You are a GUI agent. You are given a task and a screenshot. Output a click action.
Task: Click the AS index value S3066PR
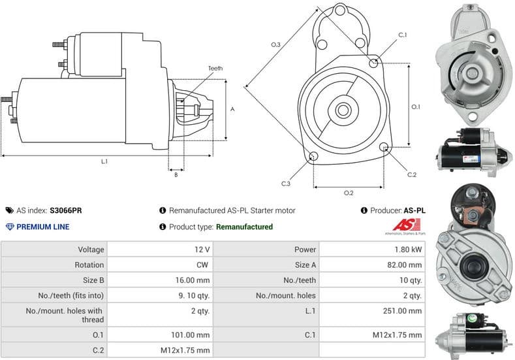[66, 210]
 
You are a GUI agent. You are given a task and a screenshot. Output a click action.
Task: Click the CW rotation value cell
[203, 265]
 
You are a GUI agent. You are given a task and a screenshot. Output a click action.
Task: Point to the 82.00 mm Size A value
[405, 265]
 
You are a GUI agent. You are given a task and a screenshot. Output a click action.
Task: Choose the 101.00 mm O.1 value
[193, 335]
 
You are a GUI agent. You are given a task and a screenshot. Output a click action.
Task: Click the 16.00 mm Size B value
[195, 280]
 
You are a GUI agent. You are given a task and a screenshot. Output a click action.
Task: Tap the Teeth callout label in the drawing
[215, 69]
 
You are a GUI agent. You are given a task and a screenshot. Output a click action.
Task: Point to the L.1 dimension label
[104, 161]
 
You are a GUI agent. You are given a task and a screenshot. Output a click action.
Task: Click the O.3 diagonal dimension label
[275, 44]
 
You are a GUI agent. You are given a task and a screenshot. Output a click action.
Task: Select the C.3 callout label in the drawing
[286, 184]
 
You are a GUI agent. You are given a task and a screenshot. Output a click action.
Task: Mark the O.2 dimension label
[349, 193]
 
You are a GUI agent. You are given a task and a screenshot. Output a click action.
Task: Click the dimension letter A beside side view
[232, 109]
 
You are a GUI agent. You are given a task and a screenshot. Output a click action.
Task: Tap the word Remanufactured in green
[244, 227]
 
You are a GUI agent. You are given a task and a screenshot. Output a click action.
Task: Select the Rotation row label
[89, 265]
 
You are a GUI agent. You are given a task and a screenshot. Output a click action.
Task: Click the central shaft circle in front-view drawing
[342, 110]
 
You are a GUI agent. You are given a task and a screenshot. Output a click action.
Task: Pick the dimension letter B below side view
[176, 174]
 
